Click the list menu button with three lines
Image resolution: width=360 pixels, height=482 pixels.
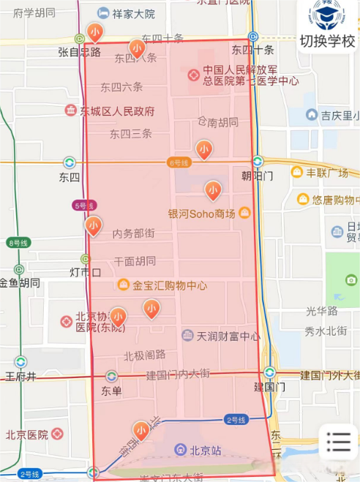tap(339, 441)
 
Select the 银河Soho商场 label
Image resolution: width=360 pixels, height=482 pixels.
tap(202, 214)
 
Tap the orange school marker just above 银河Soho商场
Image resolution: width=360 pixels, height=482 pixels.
tap(213, 190)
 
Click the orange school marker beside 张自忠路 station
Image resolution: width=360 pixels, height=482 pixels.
tap(94, 32)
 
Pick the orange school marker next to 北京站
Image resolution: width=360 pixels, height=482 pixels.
tap(141, 431)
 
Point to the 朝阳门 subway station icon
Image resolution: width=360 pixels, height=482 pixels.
tap(258, 161)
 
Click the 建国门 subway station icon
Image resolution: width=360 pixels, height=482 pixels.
tap(270, 372)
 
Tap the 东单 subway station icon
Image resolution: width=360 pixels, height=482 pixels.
tap(111, 376)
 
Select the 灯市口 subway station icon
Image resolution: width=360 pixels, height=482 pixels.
tap(86, 259)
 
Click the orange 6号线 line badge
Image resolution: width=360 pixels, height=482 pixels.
tap(179, 162)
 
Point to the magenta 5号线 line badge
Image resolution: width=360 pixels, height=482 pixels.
tap(84, 206)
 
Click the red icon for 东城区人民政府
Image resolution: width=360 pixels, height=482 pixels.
tap(70, 111)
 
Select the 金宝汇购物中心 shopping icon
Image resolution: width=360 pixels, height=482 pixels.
tap(124, 285)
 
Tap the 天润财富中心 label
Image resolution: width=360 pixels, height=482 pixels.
tap(228, 336)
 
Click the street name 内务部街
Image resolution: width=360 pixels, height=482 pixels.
tap(133, 233)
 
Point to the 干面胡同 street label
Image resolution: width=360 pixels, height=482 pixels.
tap(135, 260)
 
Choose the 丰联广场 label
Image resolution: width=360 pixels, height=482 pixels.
tap(326, 173)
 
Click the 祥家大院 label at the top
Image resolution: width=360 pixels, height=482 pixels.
tap(133, 13)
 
